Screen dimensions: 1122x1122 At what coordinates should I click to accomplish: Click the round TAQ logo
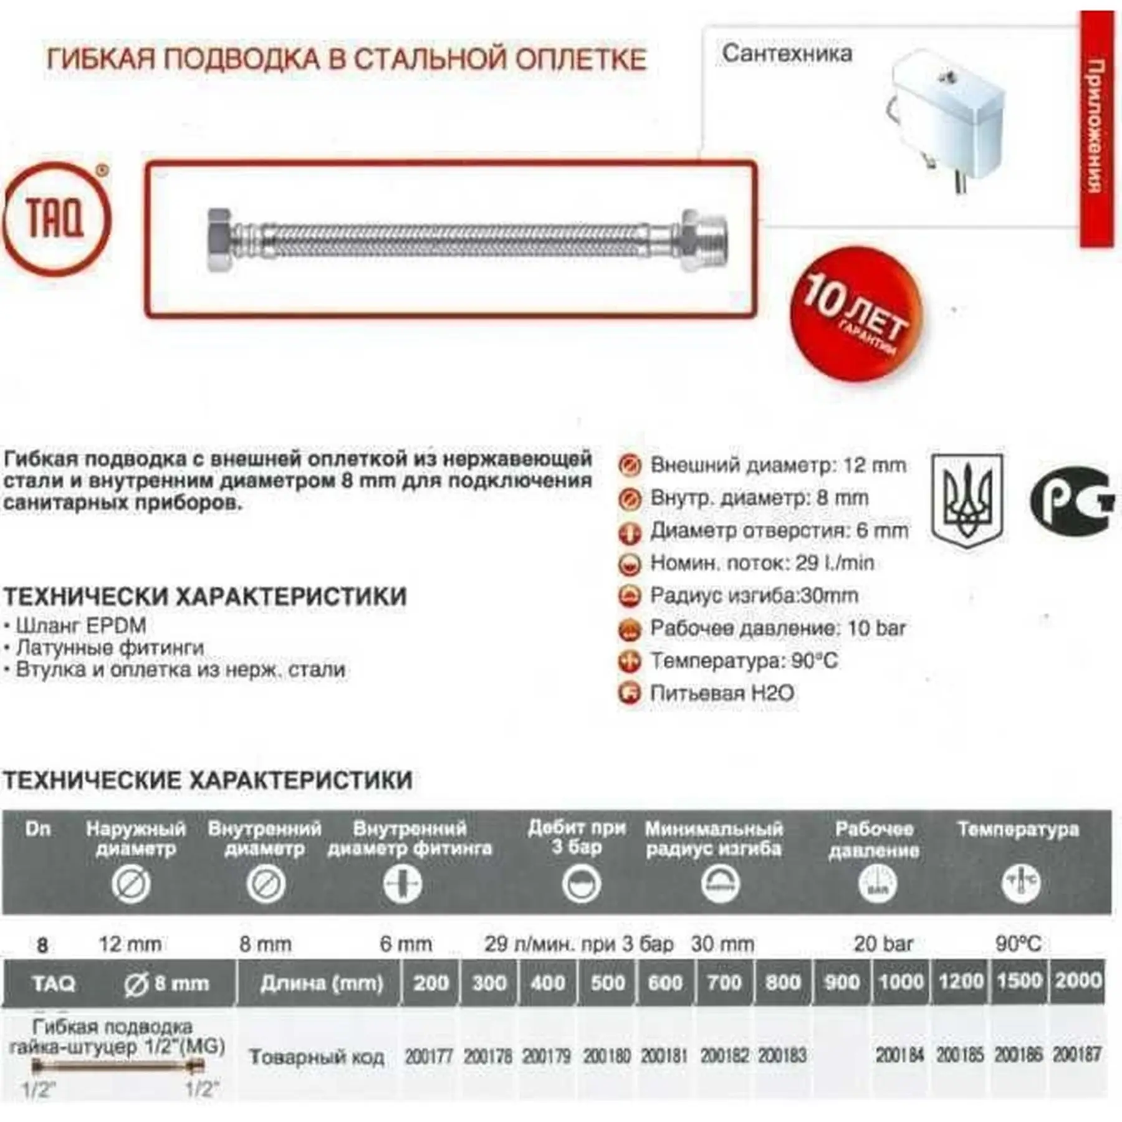[x=56, y=218]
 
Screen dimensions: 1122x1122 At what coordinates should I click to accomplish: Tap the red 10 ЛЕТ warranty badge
[x=855, y=315]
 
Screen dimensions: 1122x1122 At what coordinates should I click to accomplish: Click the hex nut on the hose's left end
[x=221, y=239]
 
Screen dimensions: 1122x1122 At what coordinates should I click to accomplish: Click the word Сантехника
[x=787, y=54]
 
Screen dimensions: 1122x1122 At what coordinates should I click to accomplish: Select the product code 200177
[x=429, y=1056]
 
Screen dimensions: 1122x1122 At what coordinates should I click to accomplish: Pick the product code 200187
[x=1077, y=1055]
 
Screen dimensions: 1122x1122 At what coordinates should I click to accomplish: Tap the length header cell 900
[x=842, y=982]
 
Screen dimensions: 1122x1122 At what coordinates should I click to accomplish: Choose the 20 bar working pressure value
[x=883, y=944]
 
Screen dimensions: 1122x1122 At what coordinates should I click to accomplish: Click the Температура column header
[x=1018, y=830]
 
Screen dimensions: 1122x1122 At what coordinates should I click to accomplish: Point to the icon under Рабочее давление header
[x=877, y=883]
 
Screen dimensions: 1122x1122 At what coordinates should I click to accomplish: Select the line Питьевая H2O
[x=722, y=693]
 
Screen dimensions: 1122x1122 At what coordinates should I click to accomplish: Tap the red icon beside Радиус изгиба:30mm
[x=630, y=596]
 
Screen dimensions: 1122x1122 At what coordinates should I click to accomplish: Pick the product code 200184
[x=900, y=1055]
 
